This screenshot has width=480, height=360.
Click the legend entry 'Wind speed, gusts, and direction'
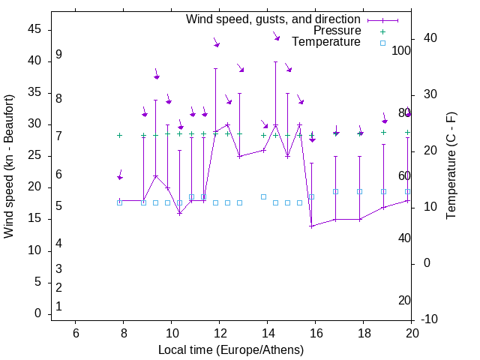point(274,19)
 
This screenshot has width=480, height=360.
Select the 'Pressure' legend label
point(337,31)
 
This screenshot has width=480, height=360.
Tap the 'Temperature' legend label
point(326,43)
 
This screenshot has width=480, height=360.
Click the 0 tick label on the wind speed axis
point(37,313)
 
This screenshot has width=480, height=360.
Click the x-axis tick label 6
point(75,334)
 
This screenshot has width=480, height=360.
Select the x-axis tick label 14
point(267,334)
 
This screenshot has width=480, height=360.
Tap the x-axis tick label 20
point(412,334)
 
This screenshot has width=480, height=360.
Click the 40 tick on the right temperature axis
point(429,38)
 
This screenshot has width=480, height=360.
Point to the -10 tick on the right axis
point(431,319)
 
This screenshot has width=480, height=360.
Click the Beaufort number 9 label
point(58,55)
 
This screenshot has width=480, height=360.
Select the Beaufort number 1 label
point(58,306)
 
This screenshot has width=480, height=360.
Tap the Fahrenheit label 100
point(402,50)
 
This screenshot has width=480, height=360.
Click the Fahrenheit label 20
point(405,300)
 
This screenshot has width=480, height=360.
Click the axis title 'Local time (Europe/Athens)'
point(231,349)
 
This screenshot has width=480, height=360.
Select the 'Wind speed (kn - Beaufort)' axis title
point(9,166)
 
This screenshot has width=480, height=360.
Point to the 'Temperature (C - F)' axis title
point(451,166)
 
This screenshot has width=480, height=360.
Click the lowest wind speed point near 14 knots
point(311,226)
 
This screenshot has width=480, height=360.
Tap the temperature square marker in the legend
point(382,43)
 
